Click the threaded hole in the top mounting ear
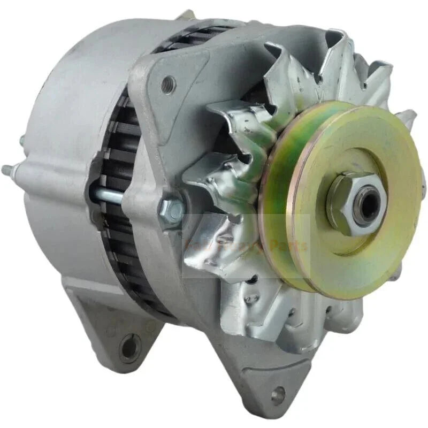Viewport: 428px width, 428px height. pyautogui.click(x=168, y=84)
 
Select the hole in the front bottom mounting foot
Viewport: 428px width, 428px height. pyautogui.click(x=278, y=395)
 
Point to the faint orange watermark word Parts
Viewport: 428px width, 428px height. pyautogui.click(x=289, y=246)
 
